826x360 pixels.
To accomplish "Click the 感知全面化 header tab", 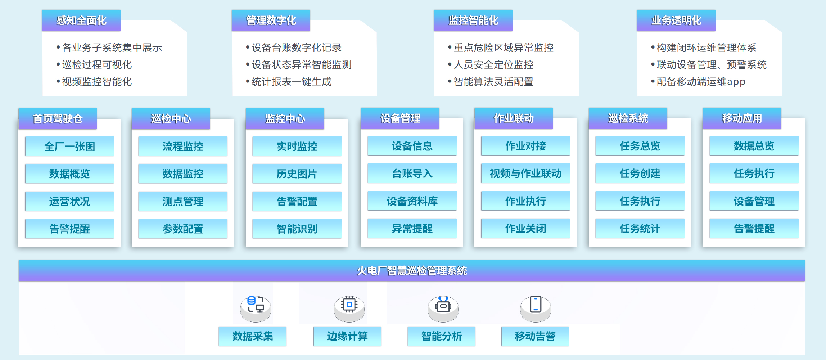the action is point(81,21).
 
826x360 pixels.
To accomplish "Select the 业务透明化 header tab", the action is point(676,21).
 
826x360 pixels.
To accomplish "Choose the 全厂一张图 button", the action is point(69,146).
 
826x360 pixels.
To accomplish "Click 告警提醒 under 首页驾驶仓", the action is point(69,229).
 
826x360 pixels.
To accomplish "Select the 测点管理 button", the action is point(183,201).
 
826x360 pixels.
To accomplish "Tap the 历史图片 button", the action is point(297,174).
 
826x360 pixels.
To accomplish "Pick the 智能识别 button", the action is point(297,229).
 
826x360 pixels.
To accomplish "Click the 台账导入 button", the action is point(412,173).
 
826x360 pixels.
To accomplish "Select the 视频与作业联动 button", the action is point(525,173).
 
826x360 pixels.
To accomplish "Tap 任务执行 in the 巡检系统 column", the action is point(640,201).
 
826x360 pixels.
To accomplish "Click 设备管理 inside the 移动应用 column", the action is point(754,201).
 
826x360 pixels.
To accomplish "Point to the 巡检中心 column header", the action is point(171,119).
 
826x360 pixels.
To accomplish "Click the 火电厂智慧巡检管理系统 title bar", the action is point(412,270).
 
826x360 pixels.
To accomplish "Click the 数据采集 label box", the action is point(253,336).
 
